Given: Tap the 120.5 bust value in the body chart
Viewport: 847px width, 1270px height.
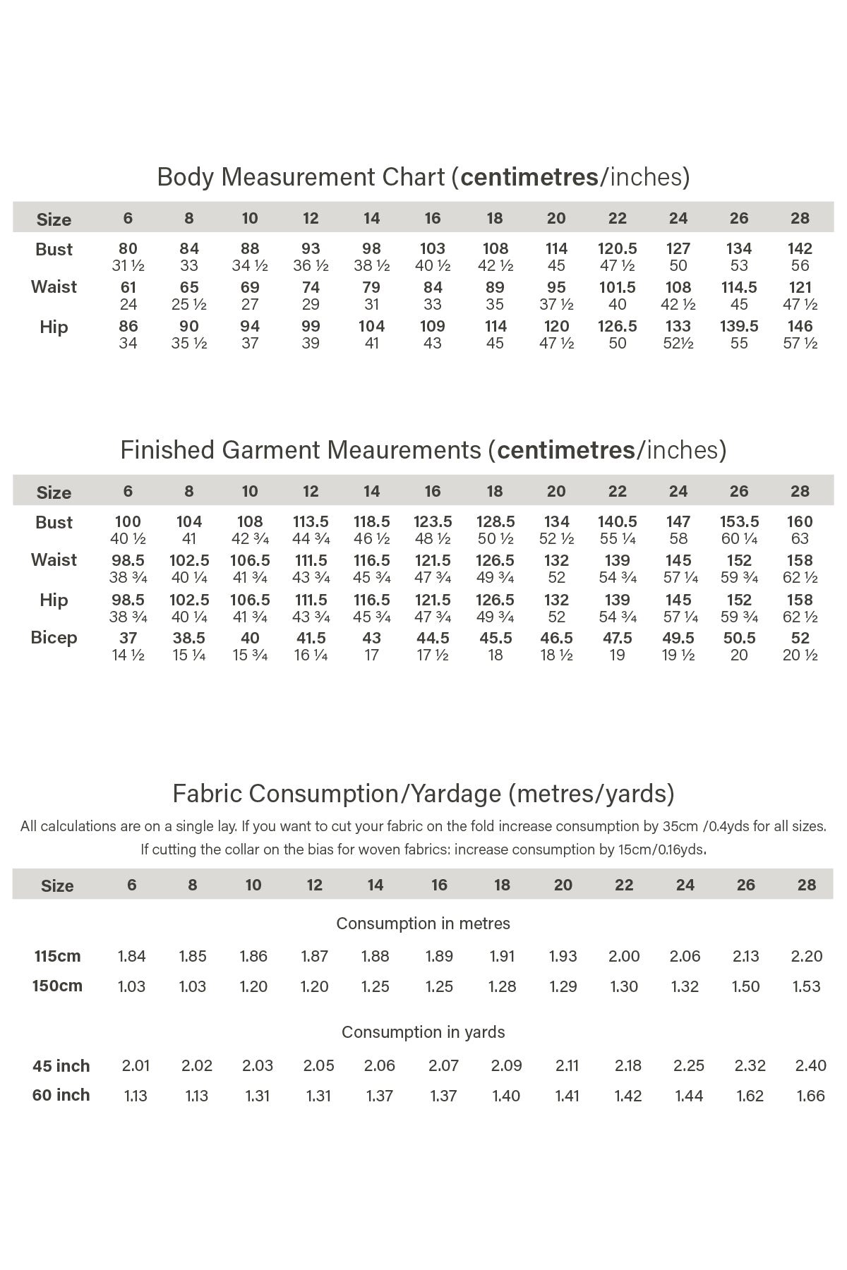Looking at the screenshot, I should coord(617,249).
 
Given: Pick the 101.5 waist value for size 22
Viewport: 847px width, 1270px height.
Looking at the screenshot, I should coord(617,288).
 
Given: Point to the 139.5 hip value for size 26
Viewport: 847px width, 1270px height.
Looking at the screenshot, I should coord(739,327).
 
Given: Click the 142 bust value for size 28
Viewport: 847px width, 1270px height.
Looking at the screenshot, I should coord(800,249).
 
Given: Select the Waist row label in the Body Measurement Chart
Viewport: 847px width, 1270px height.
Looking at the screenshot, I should coord(54,287).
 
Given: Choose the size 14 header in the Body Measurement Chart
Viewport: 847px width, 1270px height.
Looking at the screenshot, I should coord(371,218).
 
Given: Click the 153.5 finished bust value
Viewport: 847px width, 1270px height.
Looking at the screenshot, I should coord(739,522).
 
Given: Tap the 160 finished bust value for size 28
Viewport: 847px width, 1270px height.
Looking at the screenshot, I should coord(800,522).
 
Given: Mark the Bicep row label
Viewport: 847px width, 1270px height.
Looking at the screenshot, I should coord(54,638).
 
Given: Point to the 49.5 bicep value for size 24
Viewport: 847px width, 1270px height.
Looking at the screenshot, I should coord(678,639).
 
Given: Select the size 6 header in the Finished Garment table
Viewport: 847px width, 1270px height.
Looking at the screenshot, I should coord(128,491).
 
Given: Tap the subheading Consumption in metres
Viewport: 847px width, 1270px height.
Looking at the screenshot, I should coord(423,924).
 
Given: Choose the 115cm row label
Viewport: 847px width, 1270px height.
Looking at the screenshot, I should coord(57,957).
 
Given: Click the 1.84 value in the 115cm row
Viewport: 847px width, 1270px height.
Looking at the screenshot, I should coord(131,957).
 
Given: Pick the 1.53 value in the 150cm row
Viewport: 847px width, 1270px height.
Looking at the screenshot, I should coord(806,986).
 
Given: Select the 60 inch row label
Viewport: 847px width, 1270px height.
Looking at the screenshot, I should coord(61,1095).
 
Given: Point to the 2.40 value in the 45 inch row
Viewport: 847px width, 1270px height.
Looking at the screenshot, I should coord(810,1065).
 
